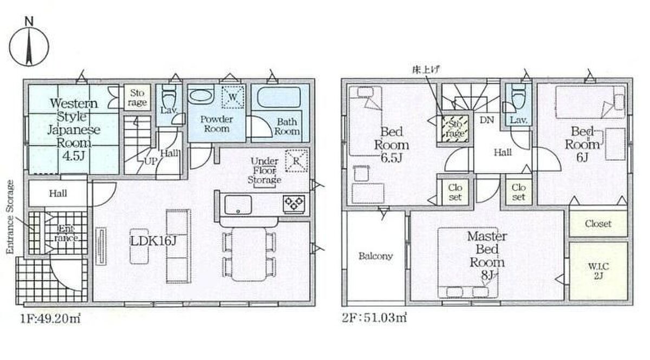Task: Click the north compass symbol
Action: (29, 43)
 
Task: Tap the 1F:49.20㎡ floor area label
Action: (50, 319)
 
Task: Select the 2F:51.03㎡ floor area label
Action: (374, 318)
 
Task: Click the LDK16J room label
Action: (153, 241)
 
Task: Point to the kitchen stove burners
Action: (294, 203)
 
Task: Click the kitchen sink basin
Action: (238, 205)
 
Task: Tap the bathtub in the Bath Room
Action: (279, 97)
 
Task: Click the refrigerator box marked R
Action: (296, 161)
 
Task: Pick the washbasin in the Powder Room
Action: (200, 95)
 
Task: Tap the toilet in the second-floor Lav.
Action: (518, 96)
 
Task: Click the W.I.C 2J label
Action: (599, 271)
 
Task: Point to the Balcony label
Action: (375, 256)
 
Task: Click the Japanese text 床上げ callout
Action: (426, 70)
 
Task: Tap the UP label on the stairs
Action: (151, 161)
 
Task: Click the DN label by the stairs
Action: (486, 120)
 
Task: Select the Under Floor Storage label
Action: (264, 171)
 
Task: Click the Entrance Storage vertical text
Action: (10, 217)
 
